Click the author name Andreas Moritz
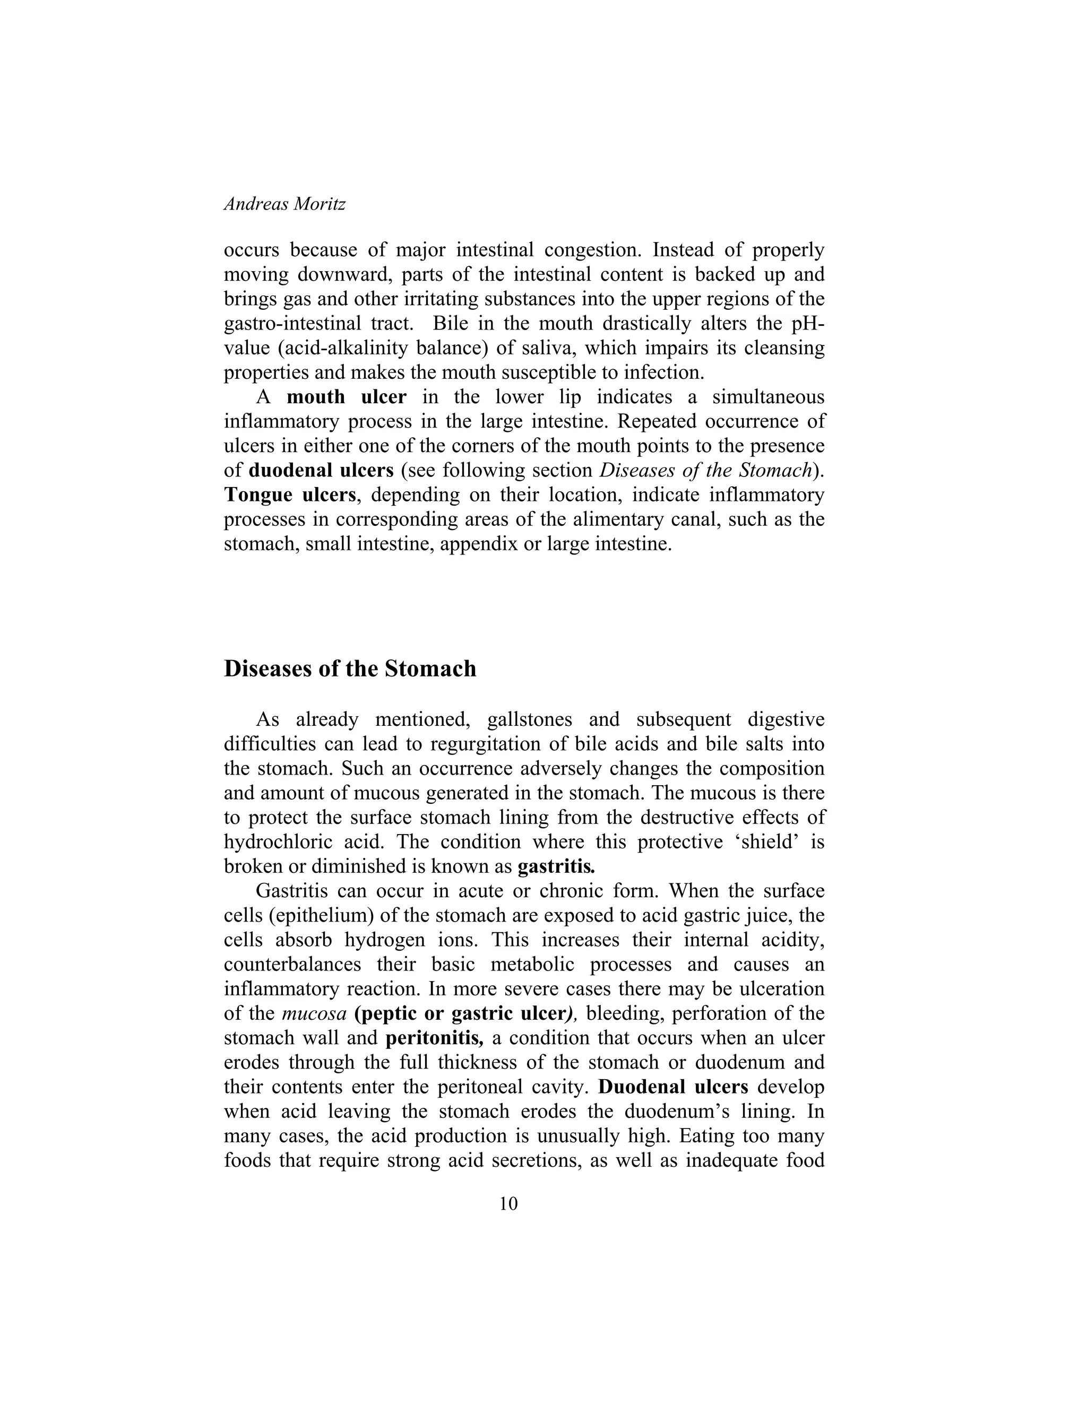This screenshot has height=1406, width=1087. coord(284,204)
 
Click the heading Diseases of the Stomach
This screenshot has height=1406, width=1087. coord(350,669)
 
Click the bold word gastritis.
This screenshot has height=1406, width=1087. coord(556,866)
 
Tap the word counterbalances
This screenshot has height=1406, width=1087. coord(310,965)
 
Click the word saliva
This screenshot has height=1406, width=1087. coord(545,348)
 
